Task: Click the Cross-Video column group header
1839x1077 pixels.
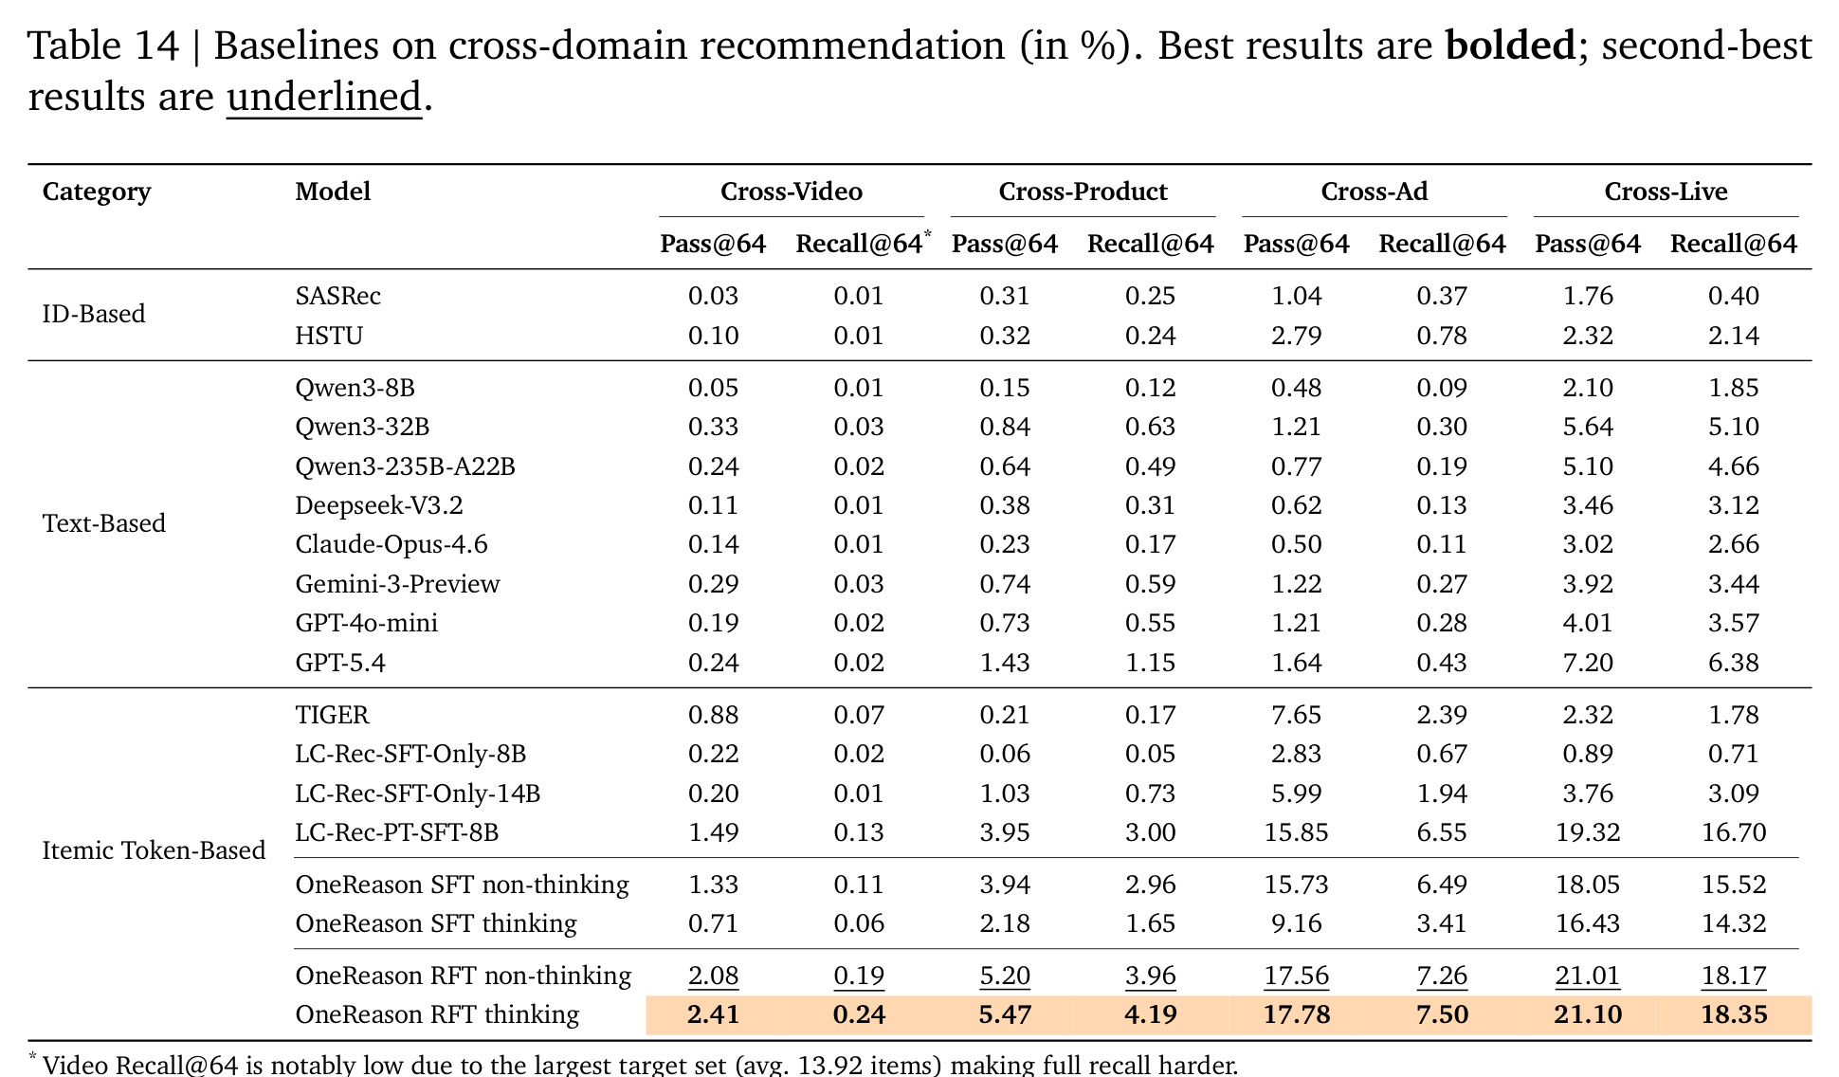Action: coord(792,192)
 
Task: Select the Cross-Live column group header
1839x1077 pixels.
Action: coord(1666,192)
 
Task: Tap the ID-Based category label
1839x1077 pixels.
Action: coord(94,314)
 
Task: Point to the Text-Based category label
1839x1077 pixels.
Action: coord(104,523)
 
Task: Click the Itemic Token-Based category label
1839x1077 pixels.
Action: coord(154,850)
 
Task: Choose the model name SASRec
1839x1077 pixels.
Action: coord(337,296)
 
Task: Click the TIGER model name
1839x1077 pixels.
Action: coord(332,715)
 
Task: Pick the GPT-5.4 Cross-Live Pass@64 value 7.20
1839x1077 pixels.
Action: coord(1588,663)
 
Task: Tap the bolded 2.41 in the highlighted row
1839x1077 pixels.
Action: coord(713,1015)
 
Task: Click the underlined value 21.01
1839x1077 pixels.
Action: coord(1588,976)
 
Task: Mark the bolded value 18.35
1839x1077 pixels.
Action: coord(1734,1015)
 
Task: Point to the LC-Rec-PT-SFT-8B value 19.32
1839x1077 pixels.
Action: coord(1588,832)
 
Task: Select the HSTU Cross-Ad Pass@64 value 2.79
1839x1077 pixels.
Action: coord(1296,336)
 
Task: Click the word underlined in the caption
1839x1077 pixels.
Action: coord(324,97)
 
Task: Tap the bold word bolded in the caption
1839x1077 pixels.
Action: coord(1510,46)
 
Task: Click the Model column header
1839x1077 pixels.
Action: coord(333,192)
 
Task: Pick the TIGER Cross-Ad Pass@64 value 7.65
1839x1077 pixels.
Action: coord(1296,715)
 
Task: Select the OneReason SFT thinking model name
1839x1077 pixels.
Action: coord(436,923)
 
